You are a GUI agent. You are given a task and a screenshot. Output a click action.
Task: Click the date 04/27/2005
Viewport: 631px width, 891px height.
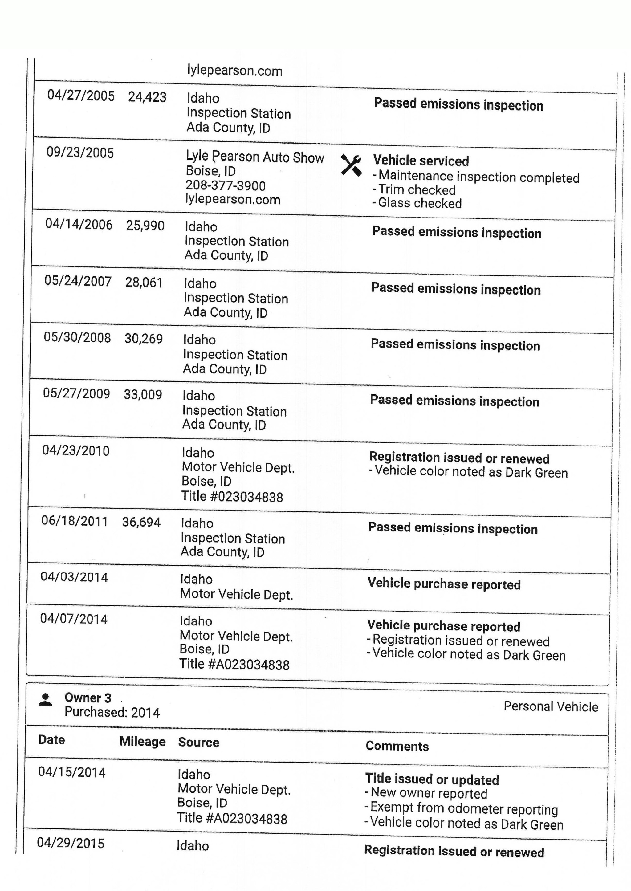(x=81, y=96)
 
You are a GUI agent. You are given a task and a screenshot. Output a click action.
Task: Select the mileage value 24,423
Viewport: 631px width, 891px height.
(x=147, y=97)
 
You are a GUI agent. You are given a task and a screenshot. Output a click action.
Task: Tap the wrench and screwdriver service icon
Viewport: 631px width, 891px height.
(x=351, y=165)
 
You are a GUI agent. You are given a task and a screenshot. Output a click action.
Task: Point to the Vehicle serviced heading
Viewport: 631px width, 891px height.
(x=421, y=161)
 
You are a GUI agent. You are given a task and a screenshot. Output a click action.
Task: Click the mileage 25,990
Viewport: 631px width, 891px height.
(x=145, y=226)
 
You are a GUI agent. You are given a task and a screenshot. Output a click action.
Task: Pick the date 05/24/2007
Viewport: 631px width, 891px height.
(x=78, y=281)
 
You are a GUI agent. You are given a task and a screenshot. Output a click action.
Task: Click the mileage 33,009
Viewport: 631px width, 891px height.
(x=143, y=395)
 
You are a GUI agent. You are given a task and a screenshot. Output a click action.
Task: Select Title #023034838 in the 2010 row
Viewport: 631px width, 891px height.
(x=232, y=497)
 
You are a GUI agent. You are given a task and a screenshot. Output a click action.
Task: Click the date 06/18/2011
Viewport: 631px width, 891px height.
(x=75, y=521)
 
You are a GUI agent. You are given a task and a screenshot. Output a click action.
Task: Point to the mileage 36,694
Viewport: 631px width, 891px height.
(x=141, y=522)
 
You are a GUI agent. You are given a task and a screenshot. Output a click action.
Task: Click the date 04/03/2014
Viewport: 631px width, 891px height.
(x=74, y=577)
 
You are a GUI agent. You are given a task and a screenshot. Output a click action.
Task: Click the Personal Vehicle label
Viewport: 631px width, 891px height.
(x=551, y=706)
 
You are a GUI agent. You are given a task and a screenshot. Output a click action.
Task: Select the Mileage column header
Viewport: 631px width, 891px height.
(x=143, y=741)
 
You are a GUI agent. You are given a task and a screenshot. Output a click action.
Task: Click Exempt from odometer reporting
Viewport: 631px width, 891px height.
(x=464, y=808)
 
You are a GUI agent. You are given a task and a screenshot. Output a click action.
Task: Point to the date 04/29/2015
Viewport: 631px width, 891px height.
(x=71, y=843)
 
